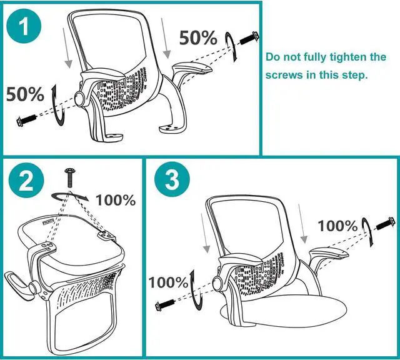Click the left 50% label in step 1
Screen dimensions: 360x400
point(25,95)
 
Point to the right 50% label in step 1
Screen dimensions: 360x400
point(198,37)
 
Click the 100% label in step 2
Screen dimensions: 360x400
point(116,200)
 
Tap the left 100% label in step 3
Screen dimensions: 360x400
point(168,282)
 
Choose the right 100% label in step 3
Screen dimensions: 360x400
point(338,226)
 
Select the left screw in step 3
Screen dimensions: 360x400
point(164,306)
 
